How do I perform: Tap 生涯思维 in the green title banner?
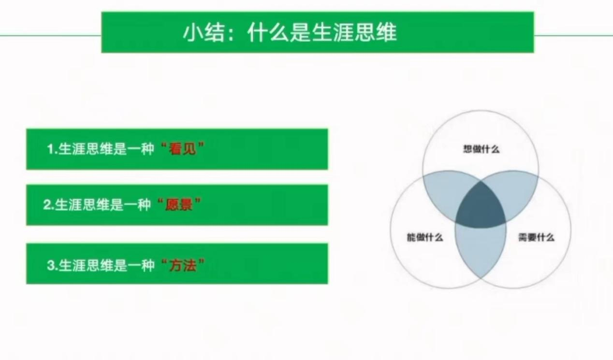(x=354, y=32)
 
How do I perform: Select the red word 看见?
(x=183, y=149)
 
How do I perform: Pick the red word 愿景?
(x=179, y=204)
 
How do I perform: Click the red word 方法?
(x=183, y=265)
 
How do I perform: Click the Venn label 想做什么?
(x=482, y=149)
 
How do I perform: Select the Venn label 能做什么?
(x=425, y=237)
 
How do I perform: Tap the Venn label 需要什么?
(x=537, y=237)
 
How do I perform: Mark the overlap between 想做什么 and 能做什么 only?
(x=445, y=191)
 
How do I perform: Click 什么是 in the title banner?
(x=279, y=32)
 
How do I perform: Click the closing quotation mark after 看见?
(x=201, y=145)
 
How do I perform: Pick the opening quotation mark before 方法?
(x=164, y=261)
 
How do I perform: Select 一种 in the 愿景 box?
(x=137, y=204)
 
